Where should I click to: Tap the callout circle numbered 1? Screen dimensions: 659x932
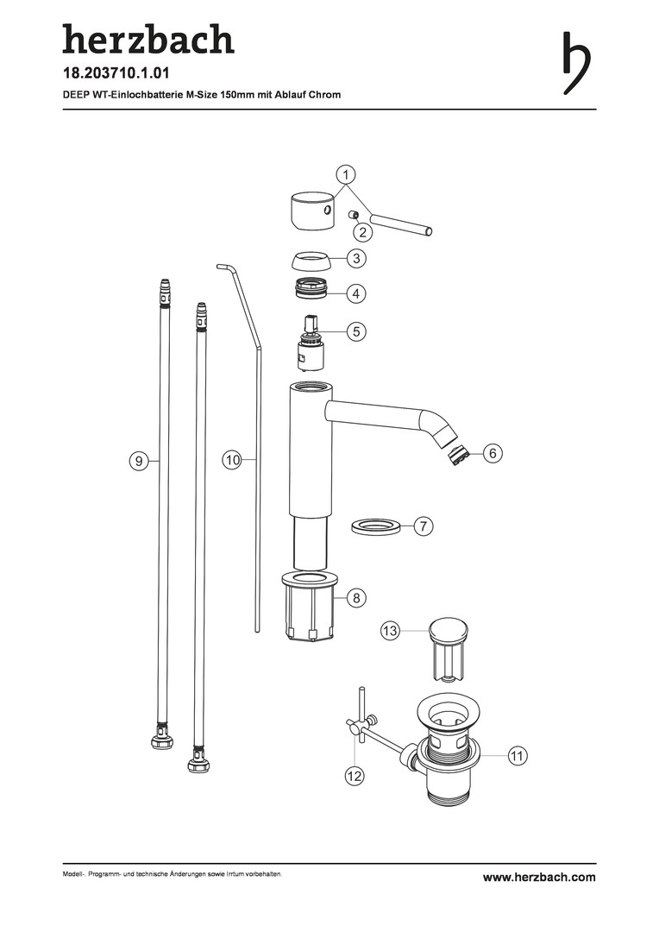(345, 174)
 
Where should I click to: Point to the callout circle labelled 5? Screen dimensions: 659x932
(356, 331)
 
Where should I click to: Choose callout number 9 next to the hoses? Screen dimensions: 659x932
(139, 461)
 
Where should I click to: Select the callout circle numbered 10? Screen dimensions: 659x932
(232, 459)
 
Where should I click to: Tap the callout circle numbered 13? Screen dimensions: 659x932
(390, 631)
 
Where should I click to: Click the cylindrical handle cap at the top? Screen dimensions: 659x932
(309, 211)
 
